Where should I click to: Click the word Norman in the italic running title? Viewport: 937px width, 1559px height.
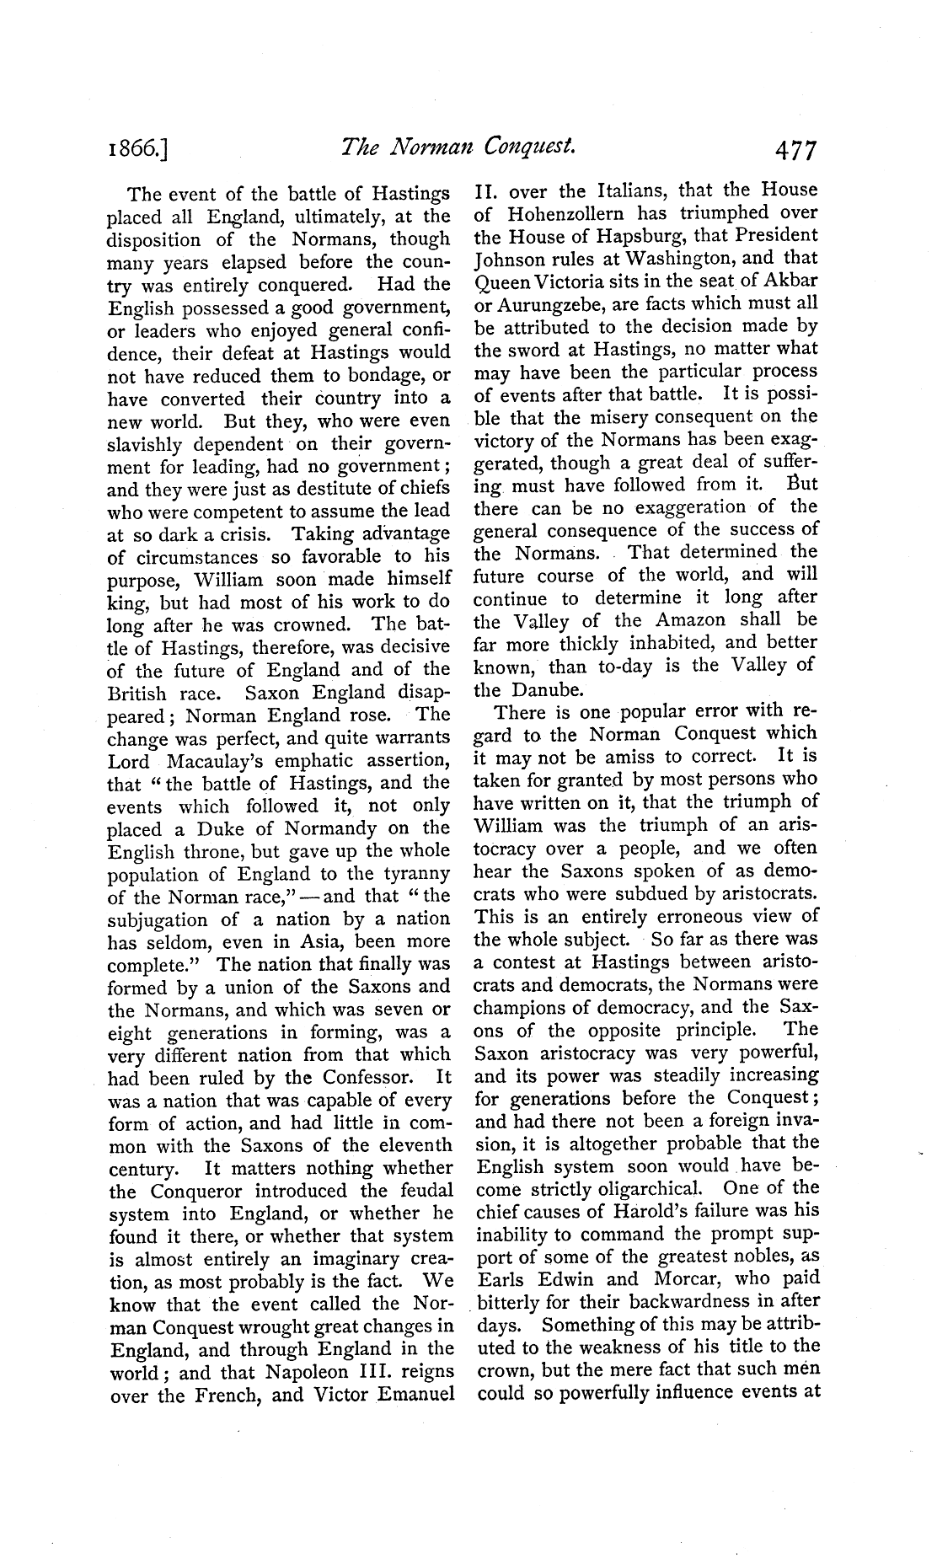point(468,148)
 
